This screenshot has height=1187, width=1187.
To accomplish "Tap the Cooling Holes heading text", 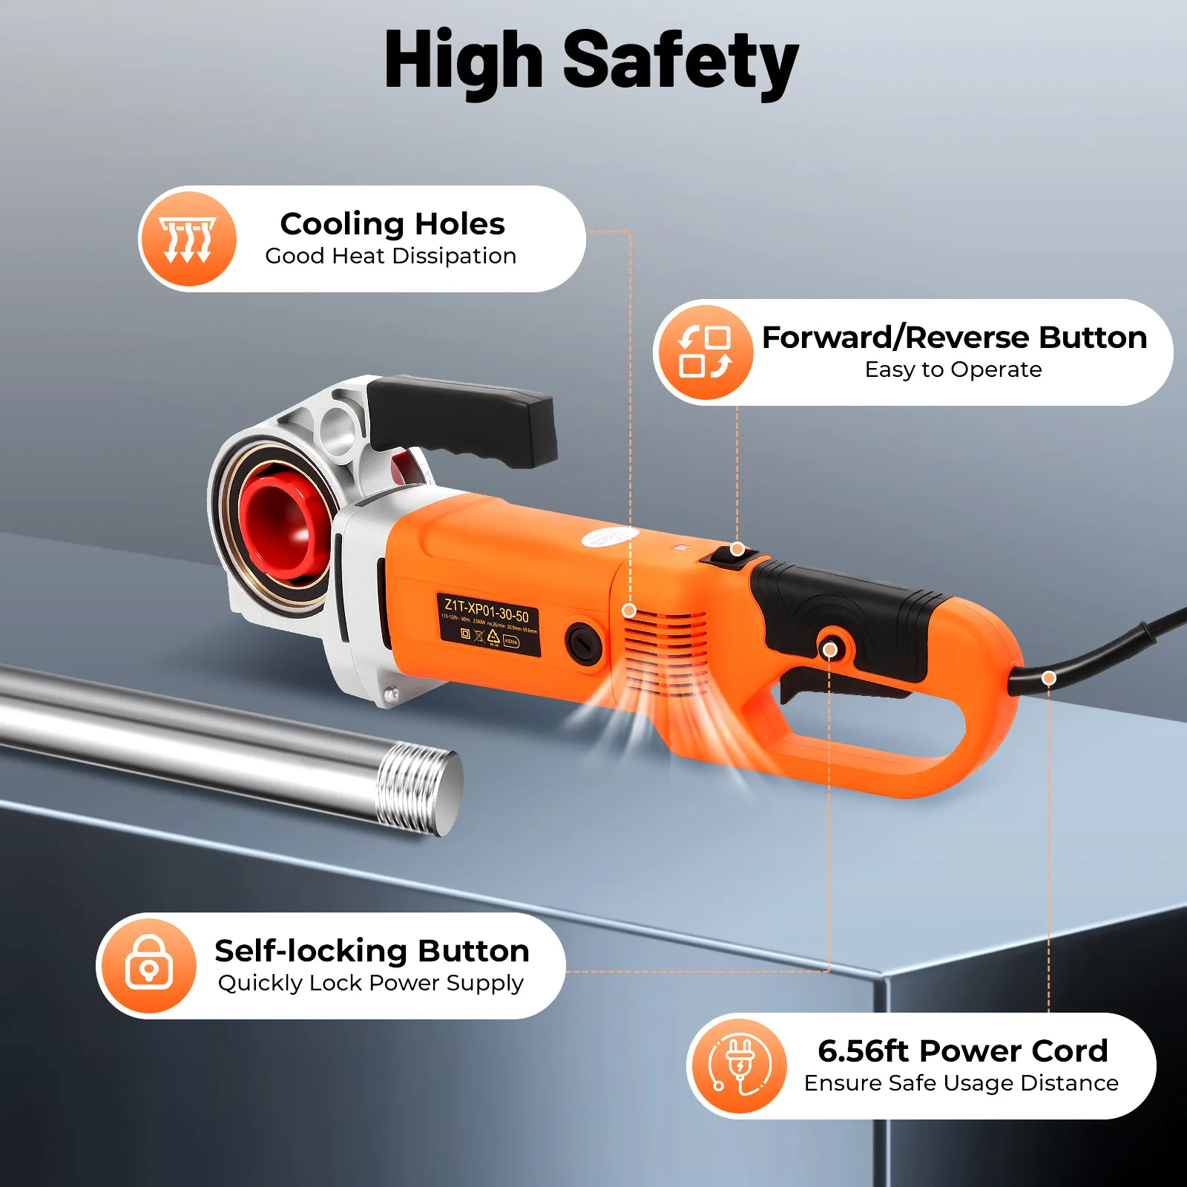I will pyautogui.click(x=392, y=223).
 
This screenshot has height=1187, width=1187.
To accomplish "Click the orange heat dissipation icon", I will pyautogui.click(x=188, y=239).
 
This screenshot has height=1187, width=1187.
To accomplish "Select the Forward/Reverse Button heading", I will pyautogui.click(x=954, y=338).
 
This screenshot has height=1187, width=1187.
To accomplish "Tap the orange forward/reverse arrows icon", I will pyautogui.click(x=704, y=352).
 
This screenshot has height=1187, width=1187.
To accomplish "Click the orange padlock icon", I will pyautogui.click(x=149, y=965).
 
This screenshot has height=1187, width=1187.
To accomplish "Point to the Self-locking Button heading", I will pyautogui.click(x=372, y=950).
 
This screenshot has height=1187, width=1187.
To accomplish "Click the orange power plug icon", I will pyautogui.click(x=738, y=1066).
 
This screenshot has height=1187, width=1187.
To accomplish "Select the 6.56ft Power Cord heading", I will pyautogui.click(x=962, y=1050).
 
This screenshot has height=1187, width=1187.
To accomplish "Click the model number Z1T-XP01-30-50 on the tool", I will pyautogui.click(x=487, y=609).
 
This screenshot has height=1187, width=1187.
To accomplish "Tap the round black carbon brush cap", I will pyautogui.click(x=584, y=642).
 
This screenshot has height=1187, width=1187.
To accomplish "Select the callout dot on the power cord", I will pyautogui.click(x=1048, y=677).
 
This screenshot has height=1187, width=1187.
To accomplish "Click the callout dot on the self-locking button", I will pyautogui.click(x=830, y=650).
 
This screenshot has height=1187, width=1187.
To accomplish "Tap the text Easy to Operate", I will pyautogui.click(x=953, y=369).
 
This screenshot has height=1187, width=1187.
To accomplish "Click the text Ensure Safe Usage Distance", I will pyautogui.click(x=961, y=1083).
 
